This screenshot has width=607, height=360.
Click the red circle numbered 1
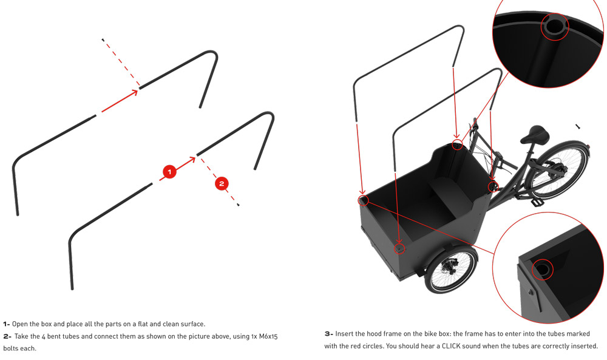[169, 171]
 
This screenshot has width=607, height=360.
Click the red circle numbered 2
[222, 183]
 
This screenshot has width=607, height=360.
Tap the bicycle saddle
[536, 134]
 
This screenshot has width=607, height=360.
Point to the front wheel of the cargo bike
[452, 270]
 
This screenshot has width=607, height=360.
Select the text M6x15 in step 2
[268, 336]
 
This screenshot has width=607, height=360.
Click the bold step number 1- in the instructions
[7, 324]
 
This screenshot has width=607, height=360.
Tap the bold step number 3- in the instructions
[328, 333]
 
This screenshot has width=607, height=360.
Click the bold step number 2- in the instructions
[7, 336]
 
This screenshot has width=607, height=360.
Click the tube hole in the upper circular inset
[554, 26]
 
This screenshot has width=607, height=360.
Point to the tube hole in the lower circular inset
[542, 268]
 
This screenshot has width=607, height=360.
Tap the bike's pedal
[536, 202]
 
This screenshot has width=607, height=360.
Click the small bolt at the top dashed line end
[103, 39]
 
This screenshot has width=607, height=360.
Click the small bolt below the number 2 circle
[238, 205]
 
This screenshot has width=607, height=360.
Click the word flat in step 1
[143, 324]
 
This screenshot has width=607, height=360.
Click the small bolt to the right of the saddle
[578, 126]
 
